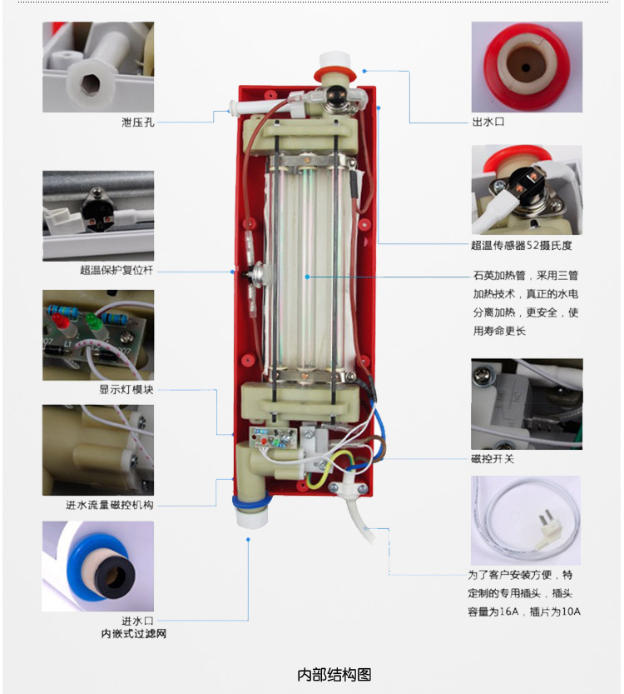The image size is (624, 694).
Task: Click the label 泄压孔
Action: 138,122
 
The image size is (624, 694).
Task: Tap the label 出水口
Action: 488,122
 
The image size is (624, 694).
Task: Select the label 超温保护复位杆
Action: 116,270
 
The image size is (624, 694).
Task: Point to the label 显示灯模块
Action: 126,390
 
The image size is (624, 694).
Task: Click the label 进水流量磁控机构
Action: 110,505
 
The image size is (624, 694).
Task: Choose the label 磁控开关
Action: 493,459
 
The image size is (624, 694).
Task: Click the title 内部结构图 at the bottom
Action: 334,675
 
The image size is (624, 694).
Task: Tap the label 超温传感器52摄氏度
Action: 522,245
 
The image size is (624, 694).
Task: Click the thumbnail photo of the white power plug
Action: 526,521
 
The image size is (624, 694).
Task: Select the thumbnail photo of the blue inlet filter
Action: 98,566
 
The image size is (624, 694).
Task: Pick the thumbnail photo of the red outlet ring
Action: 527,67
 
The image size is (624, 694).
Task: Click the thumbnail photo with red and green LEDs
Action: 98,335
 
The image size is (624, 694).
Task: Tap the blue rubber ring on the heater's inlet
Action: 251,502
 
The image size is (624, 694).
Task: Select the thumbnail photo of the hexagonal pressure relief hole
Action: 98,67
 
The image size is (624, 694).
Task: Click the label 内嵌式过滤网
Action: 133,634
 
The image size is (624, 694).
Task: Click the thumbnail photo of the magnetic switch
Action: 527,404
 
